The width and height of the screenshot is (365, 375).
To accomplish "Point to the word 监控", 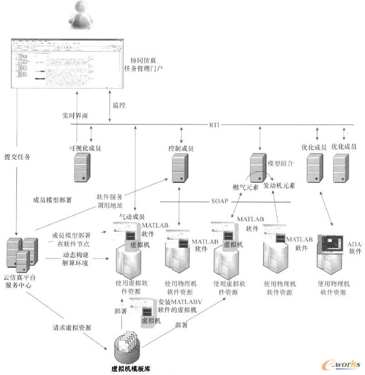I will tap(119, 105).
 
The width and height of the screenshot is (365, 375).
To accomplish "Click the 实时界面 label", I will tap(75, 116).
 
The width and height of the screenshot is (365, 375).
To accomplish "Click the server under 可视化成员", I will tap(82, 168).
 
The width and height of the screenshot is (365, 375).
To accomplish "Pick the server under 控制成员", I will tap(180, 168).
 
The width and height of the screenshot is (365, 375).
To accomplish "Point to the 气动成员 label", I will tap(131, 217).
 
